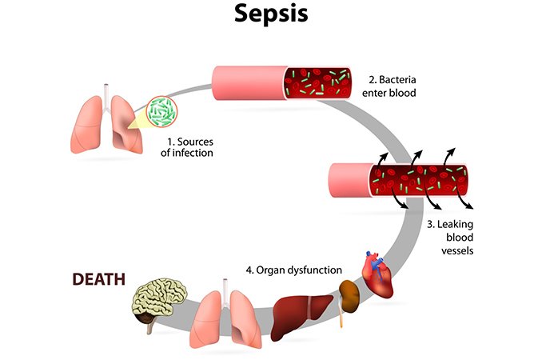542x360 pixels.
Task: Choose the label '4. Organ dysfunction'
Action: point(294,270)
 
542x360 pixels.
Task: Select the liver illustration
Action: point(302,312)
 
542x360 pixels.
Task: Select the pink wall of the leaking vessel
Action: point(348,182)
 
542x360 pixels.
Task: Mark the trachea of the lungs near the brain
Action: point(226,284)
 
